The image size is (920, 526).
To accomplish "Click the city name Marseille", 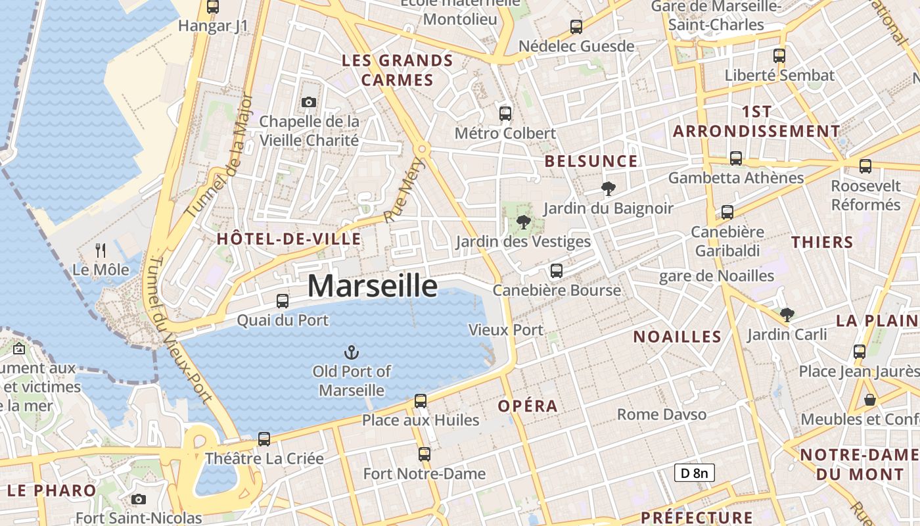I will click(372, 286).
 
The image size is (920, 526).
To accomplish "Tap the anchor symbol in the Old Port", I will click(352, 352).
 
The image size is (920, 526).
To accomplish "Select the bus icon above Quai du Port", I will click(283, 301).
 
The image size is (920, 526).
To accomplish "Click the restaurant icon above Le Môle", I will click(101, 251).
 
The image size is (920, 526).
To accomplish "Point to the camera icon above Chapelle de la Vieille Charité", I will click(309, 102).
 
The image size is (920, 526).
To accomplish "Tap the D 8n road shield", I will click(694, 472).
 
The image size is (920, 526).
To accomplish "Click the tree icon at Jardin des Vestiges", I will click(524, 222).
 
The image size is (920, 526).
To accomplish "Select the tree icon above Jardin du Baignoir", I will click(609, 189).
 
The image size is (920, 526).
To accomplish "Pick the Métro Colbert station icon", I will click(505, 114).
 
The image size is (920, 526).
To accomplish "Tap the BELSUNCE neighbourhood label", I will click(591, 162).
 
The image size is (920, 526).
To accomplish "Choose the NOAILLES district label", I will click(677, 337).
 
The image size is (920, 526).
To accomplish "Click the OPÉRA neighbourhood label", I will click(528, 406).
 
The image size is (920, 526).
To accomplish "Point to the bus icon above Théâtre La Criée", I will click(264, 439).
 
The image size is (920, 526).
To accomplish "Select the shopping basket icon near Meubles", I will click(870, 400).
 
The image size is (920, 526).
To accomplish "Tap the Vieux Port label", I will click(506, 330).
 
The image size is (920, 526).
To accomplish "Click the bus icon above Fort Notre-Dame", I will click(425, 454).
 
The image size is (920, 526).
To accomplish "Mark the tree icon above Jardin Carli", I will click(787, 315).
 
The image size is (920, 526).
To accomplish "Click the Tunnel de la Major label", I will click(220, 156).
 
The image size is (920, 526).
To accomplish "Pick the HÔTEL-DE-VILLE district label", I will click(289, 239).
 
